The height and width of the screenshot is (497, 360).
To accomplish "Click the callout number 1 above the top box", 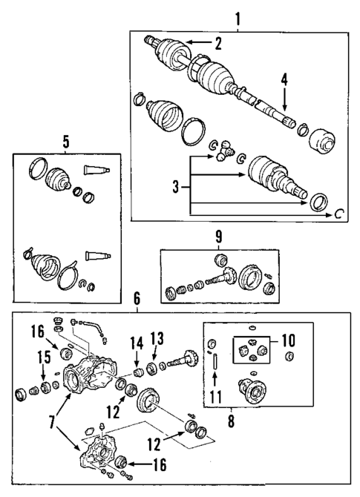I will tap(238, 17).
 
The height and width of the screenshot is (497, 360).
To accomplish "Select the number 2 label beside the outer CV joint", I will tap(218, 43).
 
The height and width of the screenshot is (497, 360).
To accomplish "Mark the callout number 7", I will tap(51, 421).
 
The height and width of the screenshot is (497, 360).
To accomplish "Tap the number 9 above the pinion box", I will tap(218, 239).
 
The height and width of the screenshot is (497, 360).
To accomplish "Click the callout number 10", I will tap(289, 342).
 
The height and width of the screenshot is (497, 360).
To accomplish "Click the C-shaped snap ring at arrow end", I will tap(340, 214).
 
